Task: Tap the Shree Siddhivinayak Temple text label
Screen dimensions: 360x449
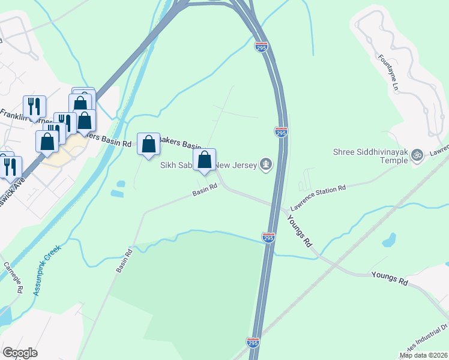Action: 372,152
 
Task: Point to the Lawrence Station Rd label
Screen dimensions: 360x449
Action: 318,197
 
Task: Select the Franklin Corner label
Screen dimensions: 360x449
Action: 24,118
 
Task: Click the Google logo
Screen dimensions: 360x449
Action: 20,353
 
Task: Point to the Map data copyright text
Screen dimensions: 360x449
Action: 423,355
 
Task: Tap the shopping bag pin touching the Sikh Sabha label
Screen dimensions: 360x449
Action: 205,160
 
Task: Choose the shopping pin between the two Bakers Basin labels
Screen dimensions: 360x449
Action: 148,145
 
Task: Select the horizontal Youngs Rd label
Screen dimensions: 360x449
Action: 390,278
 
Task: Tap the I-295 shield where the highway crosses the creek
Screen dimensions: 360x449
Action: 268,238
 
